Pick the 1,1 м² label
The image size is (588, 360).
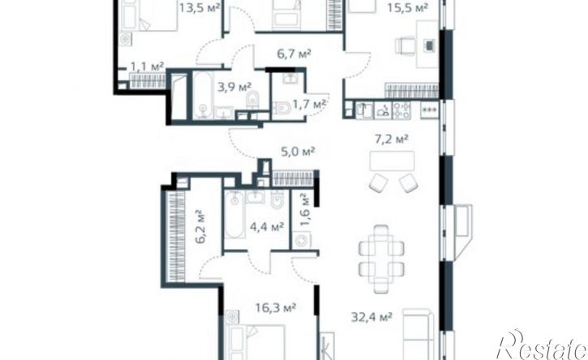147,66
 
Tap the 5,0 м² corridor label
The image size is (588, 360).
298,150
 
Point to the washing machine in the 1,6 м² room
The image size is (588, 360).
303,241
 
